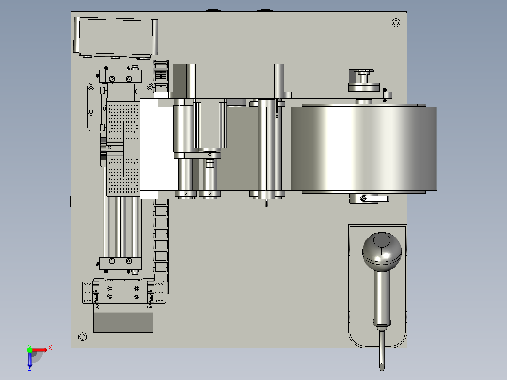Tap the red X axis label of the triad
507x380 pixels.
tap(50, 348)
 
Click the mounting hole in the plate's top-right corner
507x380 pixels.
tap(396, 23)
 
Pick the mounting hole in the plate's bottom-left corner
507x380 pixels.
tap(82, 337)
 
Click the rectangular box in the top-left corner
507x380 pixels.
tap(116, 37)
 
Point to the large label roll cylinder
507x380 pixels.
tap(364, 149)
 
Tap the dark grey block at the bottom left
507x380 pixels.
tap(123, 322)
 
